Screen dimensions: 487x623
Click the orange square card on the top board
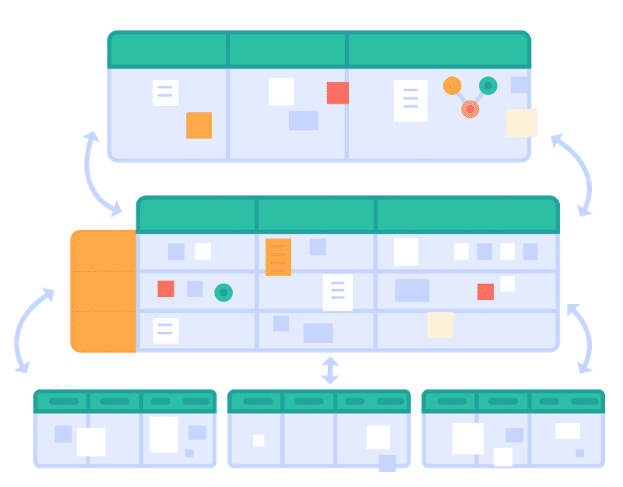click(199, 125)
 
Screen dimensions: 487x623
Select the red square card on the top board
click(337, 93)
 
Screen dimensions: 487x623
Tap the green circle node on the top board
click(488, 85)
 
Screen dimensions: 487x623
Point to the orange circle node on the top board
click(452, 85)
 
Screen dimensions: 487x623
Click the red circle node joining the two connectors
click(470, 109)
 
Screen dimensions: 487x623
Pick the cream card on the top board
click(521, 122)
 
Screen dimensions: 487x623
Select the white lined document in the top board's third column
click(410, 101)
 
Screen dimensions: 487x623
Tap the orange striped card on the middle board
click(278, 256)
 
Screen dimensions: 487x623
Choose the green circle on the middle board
click(224, 292)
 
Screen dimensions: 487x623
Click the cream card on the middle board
click(440, 324)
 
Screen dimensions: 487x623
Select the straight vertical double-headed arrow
click(330, 370)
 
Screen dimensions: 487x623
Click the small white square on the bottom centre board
click(259, 440)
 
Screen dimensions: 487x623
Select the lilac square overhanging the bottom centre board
click(387, 463)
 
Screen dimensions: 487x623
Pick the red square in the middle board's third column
click(485, 291)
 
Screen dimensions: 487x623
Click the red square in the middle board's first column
click(165, 288)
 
